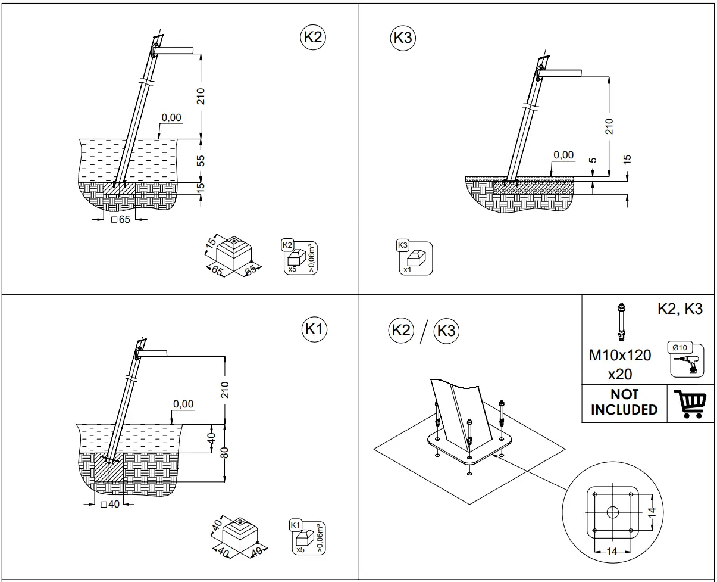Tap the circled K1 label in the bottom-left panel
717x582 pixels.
point(315,329)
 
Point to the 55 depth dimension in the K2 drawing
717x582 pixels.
point(201,161)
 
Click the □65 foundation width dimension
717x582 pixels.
point(120,220)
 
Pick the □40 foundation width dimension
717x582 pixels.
point(110,505)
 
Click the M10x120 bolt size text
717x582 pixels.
point(620,356)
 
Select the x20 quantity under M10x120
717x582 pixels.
point(620,374)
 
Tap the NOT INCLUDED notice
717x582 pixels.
point(624,403)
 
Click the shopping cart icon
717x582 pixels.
point(692,404)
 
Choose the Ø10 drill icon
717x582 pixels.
point(684,360)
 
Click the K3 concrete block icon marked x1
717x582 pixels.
point(414,257)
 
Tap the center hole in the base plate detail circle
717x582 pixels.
point(612,512)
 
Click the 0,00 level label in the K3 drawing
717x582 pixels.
point(563,155)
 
